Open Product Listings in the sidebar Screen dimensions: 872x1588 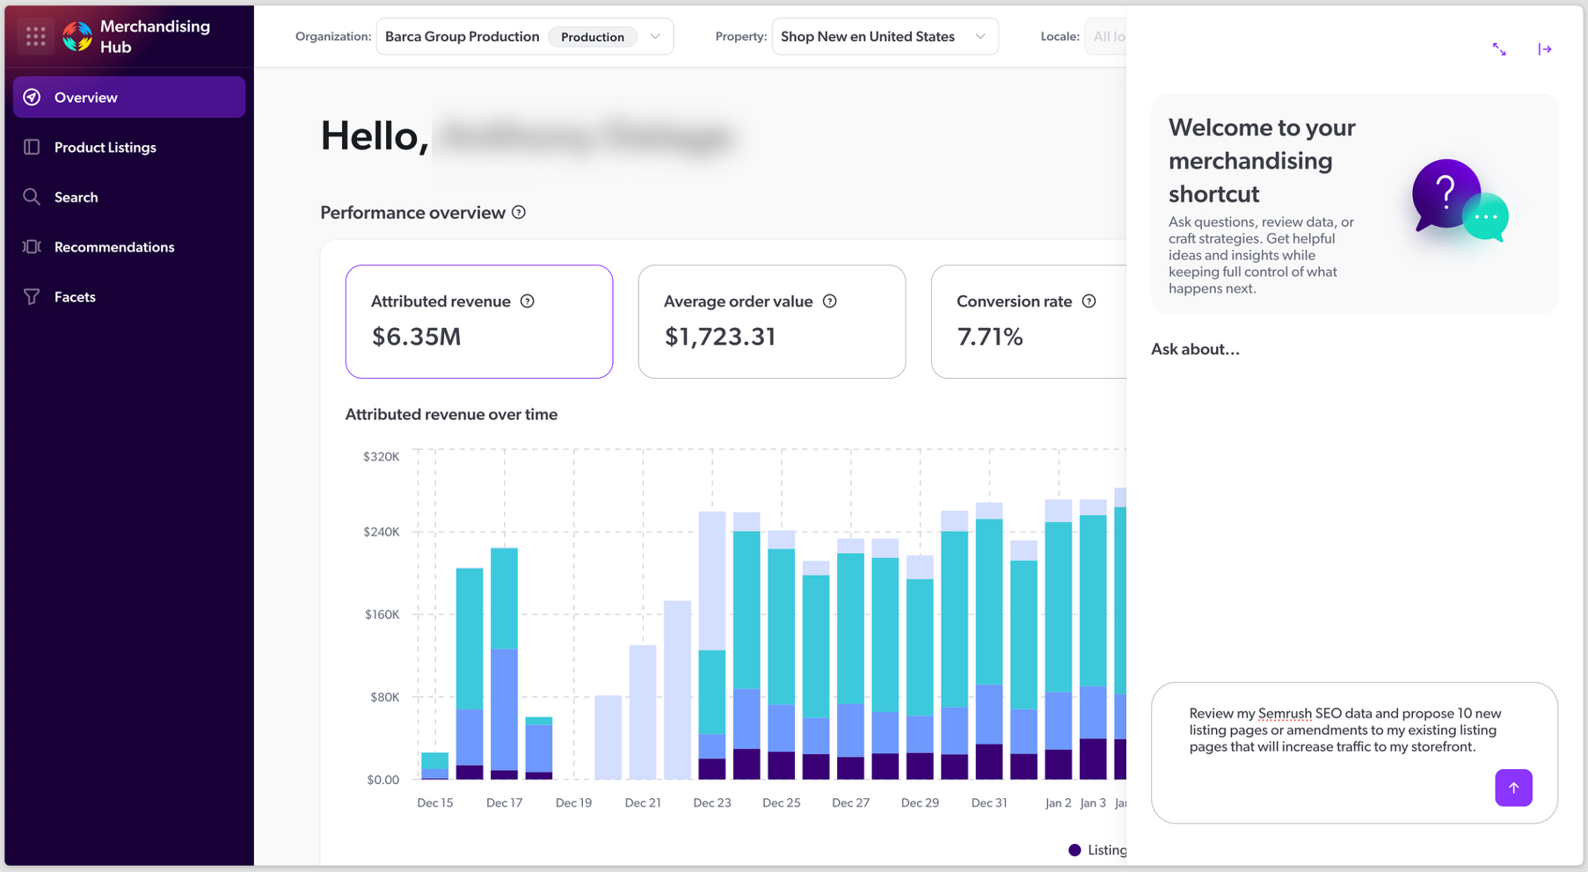tap(105, 148)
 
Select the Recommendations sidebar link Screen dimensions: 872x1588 tap(114, 247)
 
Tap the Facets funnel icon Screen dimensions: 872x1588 tap(32, 297)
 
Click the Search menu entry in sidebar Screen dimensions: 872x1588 tap(76, 198)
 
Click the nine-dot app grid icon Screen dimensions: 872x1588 tap(36, 37)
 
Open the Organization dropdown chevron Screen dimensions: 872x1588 tap(655, 37)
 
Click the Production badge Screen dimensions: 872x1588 tap(592, 37)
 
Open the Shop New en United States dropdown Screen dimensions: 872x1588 tap(884, 37)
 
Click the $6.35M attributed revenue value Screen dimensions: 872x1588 tap(416, 337)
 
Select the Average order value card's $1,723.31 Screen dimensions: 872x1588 tap(719, 337)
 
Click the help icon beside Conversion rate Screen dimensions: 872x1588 tap(1089, 302)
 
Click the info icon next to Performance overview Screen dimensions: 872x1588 tap(519, 213)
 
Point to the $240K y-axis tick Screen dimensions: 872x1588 tap(382, 532)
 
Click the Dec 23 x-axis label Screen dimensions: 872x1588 tap(711, 803)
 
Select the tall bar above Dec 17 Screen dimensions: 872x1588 tap(504, 659)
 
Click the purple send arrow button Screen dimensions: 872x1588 tap(1513, 788)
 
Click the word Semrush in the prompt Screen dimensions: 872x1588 tap(1284, 714)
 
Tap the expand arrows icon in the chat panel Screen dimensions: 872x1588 tap(1499, 49)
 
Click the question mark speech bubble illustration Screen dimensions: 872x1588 tap(1446, 193)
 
